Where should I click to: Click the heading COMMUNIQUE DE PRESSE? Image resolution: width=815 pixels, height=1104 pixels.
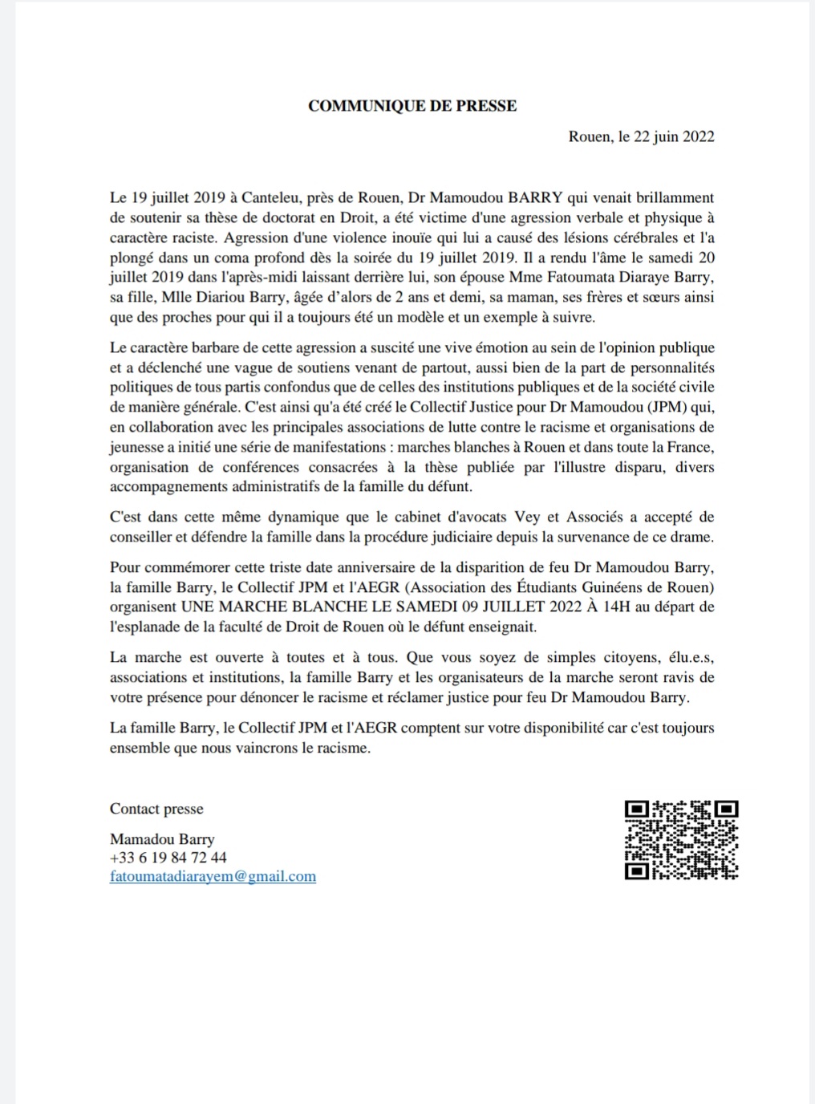pyautogui.click(x=412, y=106)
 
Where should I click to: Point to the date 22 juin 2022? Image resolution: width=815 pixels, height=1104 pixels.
pyautogui.click(x=674, y=136)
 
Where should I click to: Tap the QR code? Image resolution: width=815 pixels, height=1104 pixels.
pyautogui.click(x=681, y=840)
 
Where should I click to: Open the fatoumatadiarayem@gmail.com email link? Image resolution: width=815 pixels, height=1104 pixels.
pyautogui.click(x=213, y=877)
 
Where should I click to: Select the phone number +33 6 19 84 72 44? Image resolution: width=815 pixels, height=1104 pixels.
pyautogui.click(x=168, y=858)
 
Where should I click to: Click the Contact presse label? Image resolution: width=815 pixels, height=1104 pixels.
pyautogui.click(x=156, y=809)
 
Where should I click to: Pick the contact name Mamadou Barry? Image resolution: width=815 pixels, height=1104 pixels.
pyautogui.click(x=162, y=839)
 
